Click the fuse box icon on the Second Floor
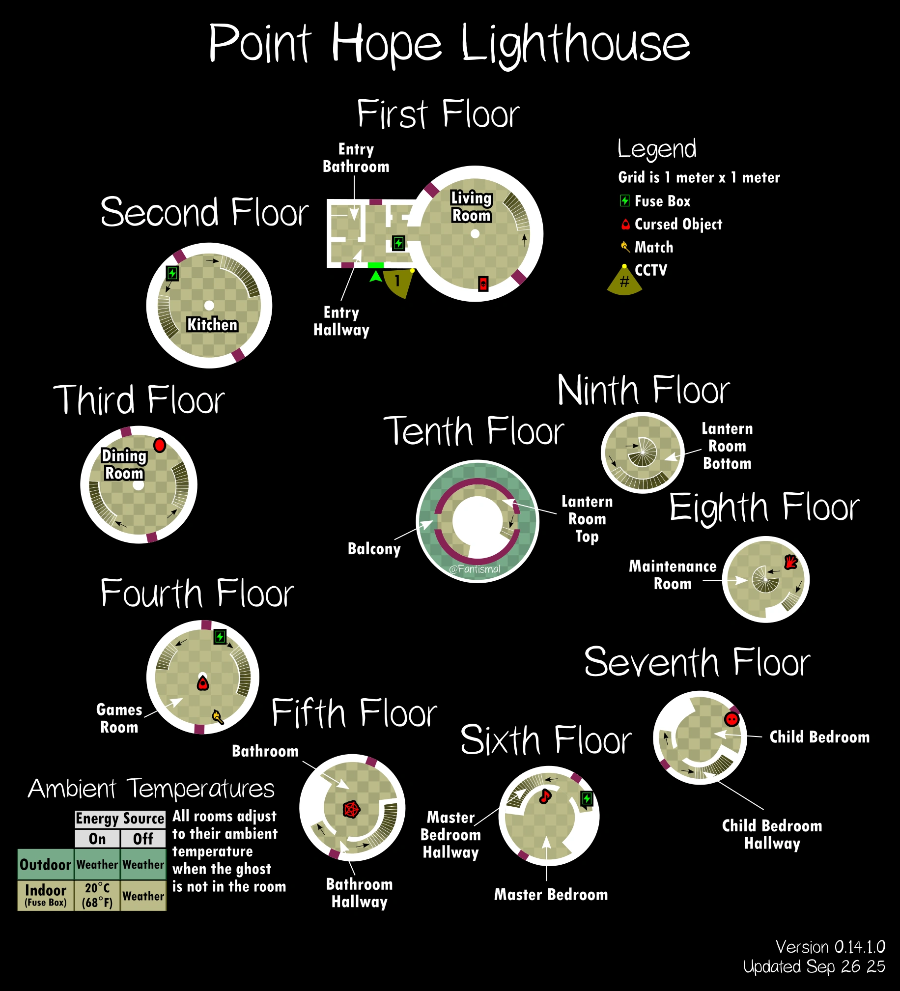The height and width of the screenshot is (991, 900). pos(172,273)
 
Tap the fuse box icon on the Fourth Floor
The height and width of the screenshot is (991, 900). pos(220,637)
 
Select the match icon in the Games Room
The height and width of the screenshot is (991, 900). pos(217,717)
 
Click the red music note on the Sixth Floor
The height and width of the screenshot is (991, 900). pos(545,796)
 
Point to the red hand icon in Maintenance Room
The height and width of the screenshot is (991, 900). pos(790,562)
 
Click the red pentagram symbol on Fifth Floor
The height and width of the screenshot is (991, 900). pos(351,809)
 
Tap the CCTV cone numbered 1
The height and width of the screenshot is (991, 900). pos(397,282)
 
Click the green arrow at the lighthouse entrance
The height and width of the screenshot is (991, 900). pos(376,277)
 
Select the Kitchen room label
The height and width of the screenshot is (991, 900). pos(212,325)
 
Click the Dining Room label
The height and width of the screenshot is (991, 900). pos(124,464)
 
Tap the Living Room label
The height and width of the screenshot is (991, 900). pos(472,207)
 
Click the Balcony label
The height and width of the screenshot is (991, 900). pos(374,549)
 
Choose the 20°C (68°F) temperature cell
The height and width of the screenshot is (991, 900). pos(97,895)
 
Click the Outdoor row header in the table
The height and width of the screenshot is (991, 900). pos(46,864)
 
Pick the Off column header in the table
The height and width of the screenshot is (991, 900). pos(143,839)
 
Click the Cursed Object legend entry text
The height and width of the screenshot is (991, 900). pos(678,224)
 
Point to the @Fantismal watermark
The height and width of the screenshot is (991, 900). pos(475,569)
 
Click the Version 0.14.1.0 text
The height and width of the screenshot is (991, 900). pos(830,947)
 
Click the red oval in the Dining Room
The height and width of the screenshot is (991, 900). pos(160,445)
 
